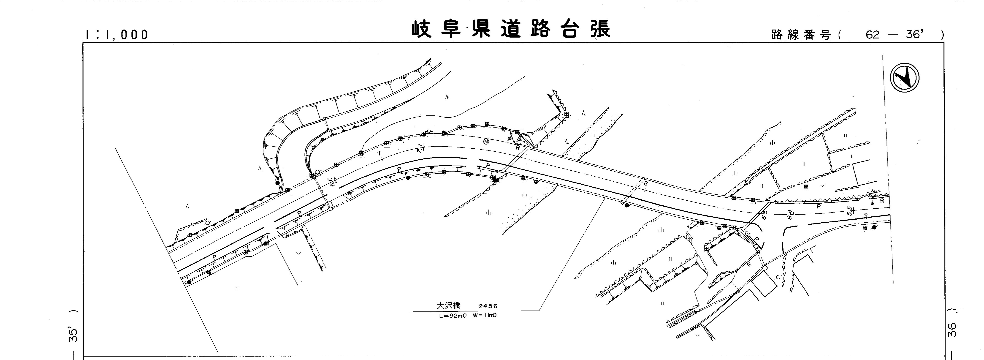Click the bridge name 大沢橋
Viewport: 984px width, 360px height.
click(449, 306)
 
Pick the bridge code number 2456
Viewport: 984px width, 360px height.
click(488, 306)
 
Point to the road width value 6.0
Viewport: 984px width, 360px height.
click(332, 182)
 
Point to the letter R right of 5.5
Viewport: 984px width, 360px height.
click(882, 200)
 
